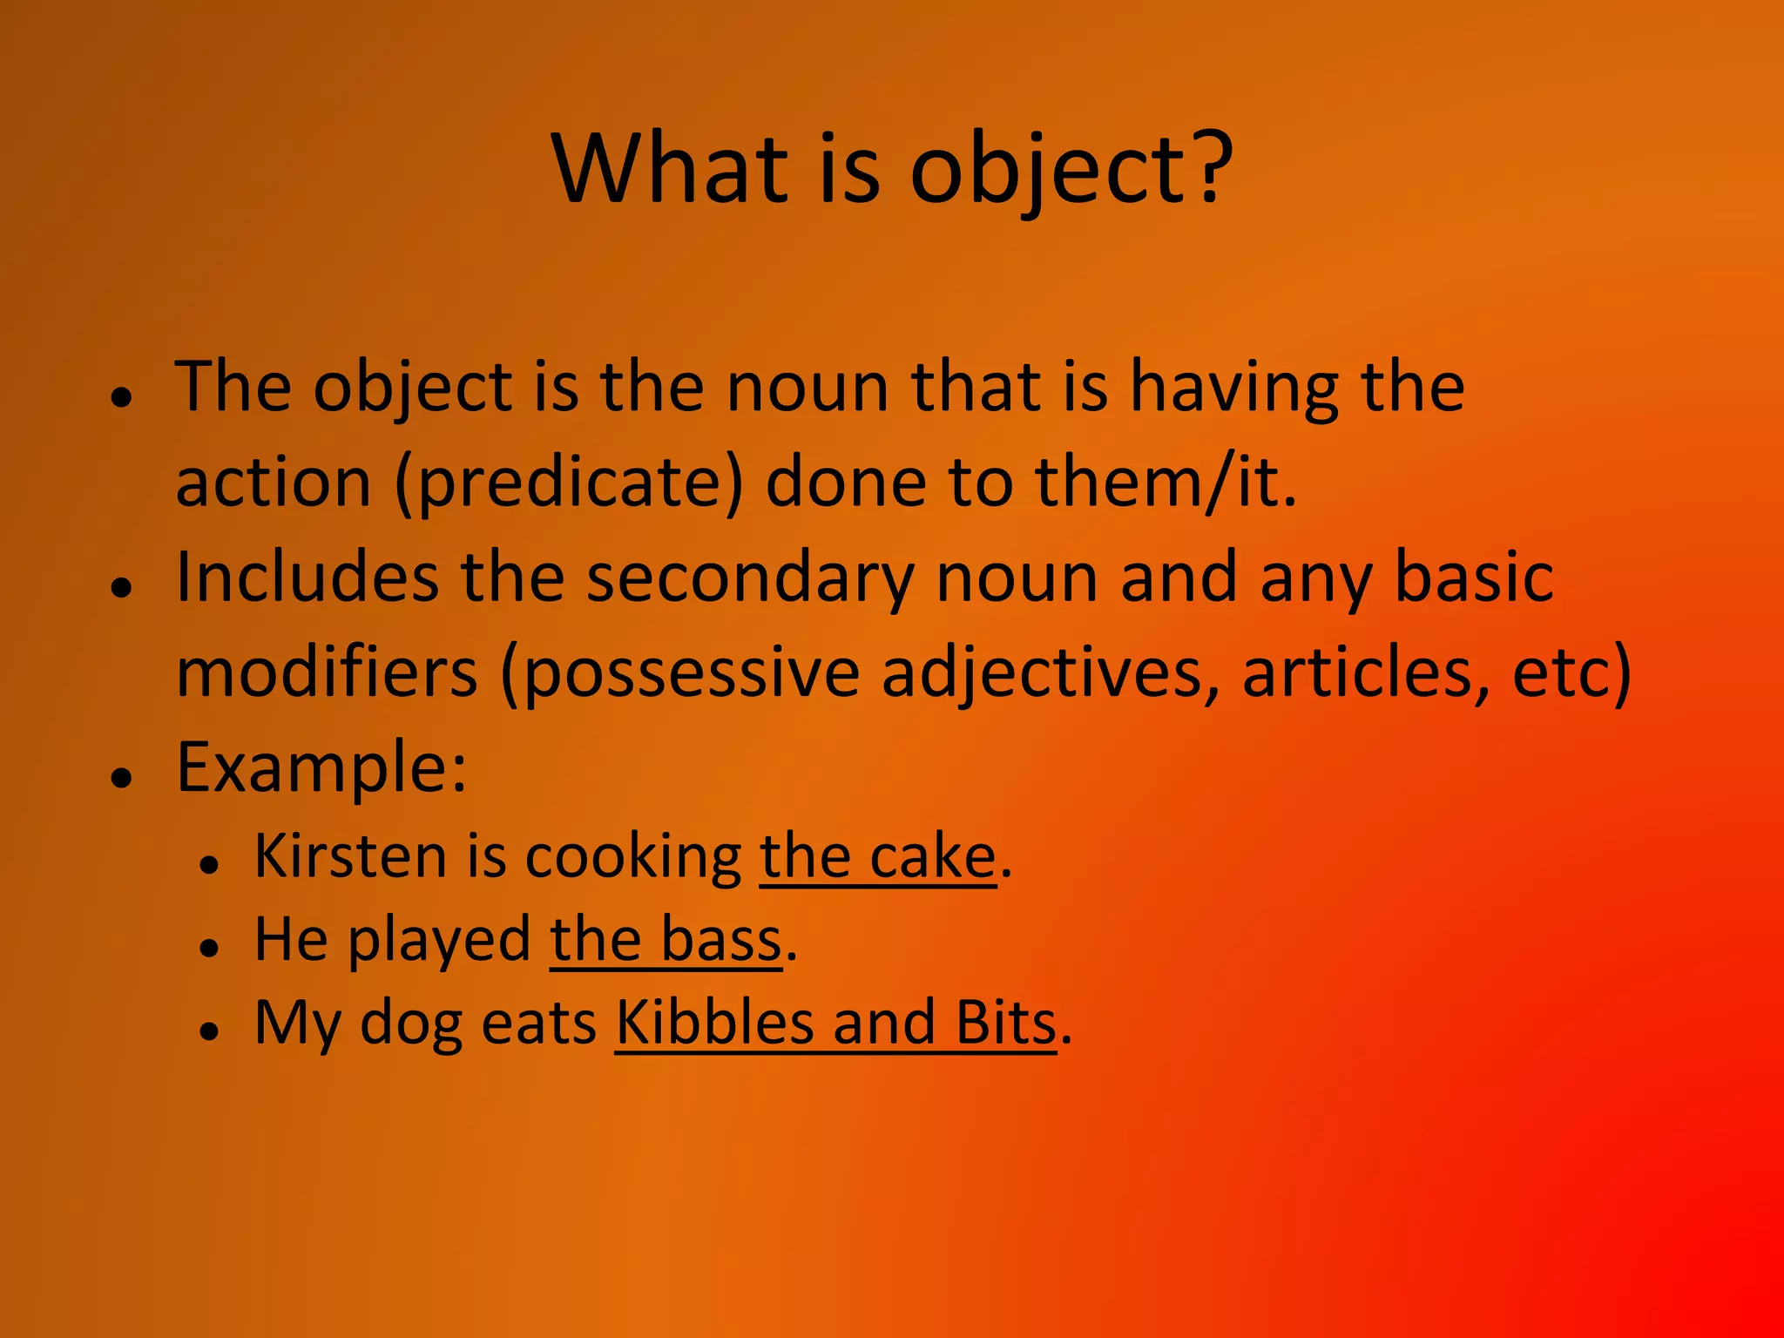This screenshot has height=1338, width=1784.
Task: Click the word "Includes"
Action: click(x=307, y=578)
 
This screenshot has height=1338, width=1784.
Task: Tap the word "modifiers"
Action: click(x=327, y=673)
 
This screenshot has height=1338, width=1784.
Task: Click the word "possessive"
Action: click(x=693, y=675)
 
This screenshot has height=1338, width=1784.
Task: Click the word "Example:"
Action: click(x=321, y=769)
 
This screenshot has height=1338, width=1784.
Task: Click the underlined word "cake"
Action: click(x=932, y=858)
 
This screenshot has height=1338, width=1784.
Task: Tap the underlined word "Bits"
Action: click(x=1006, y=1024)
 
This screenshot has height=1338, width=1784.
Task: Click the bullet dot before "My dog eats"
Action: click(x=208, y=1031)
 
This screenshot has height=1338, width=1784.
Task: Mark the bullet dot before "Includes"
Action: click(x=122, y=587)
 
